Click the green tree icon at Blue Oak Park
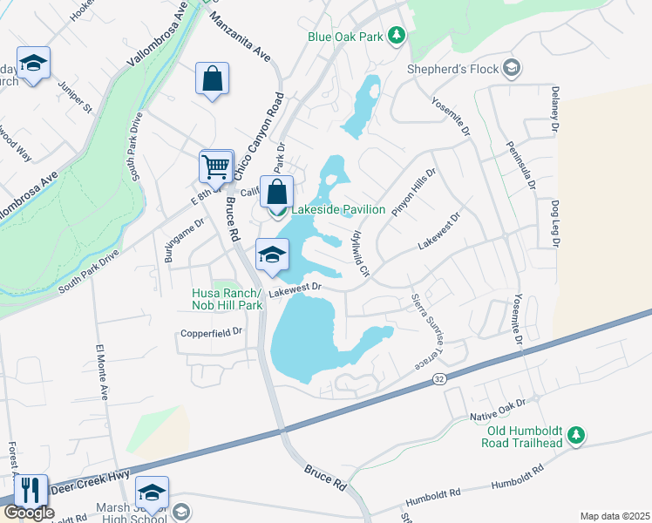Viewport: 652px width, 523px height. [397, 36]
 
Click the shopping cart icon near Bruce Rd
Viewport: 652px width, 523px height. [215, 164]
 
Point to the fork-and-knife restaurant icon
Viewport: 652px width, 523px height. [31, 490]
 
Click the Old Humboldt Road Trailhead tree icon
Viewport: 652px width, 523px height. [575, 434]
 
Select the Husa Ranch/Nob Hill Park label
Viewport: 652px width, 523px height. [227, 300]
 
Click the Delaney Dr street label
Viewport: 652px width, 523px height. [554, 109]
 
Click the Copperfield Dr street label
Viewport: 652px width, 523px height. [210, 333]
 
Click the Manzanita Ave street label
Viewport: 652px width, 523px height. [253, 41]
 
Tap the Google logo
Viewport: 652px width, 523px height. [28, 513]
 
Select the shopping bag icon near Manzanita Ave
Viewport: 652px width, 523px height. [212, 79]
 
